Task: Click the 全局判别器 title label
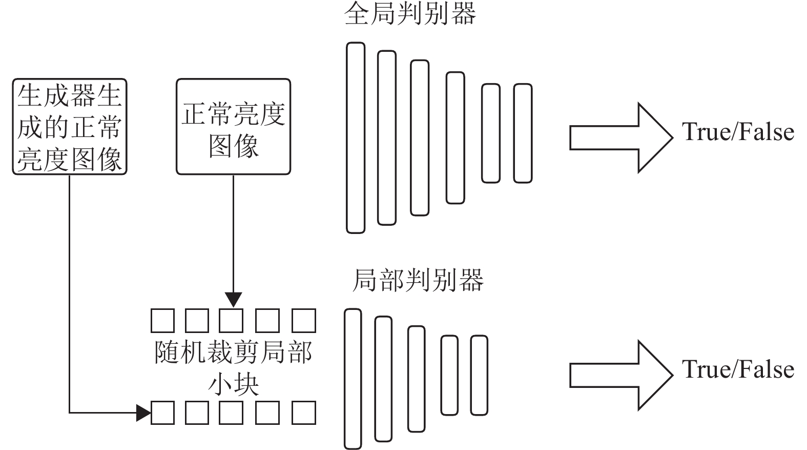click(x=410, y=13)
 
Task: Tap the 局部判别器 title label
click(x=418, y=280)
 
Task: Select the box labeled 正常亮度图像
click(x=233, y=126)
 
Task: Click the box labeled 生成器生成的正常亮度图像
click(x=70, y=126)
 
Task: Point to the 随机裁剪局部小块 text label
click(x=233, y=367)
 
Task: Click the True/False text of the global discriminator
click(x=737, y=132)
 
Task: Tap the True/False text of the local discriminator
click(x=737, y=369)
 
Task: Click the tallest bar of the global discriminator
click(x=356, y=138)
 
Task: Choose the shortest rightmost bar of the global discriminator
click(x=523, y=133)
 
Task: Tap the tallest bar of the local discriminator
click(x=353, y=379)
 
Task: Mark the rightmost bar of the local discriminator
click(x=479, y=375)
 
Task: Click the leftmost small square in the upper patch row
click(x=163, y=321)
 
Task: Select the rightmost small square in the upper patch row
click(x=304, y=321)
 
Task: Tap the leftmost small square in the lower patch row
click(x=163, y=413)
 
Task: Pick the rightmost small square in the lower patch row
click(x=304, y=413)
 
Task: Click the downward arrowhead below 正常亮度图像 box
click(x=233, y=300)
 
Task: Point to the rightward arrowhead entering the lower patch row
click(x=143, y=412)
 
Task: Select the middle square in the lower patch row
click(x=231, y=413)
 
